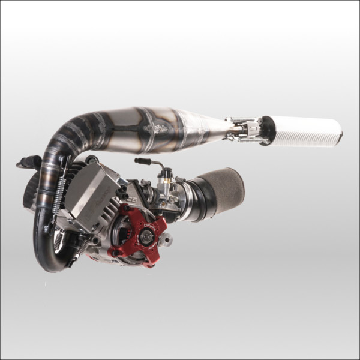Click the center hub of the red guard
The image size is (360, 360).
[145, 235]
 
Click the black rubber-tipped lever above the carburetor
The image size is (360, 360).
[144, 161]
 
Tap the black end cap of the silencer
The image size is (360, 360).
[266, 130]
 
